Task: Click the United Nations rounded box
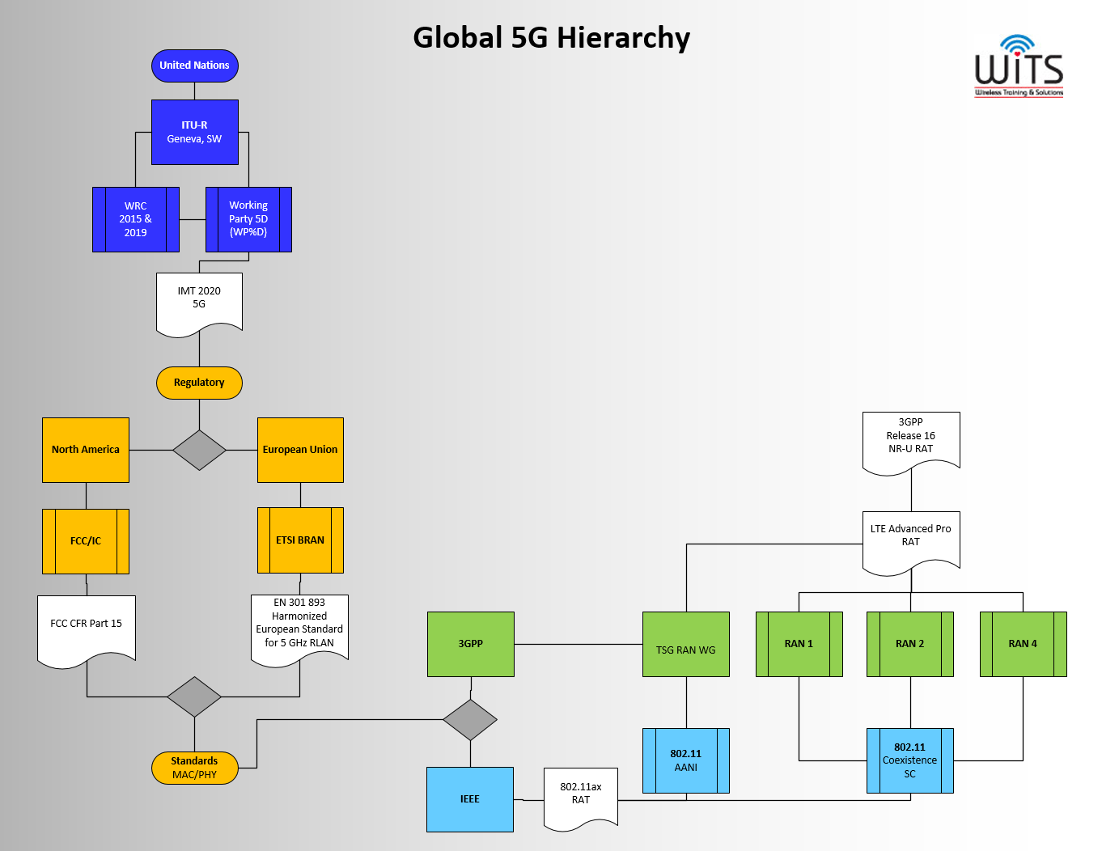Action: click(195, 66)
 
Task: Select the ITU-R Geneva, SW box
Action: click(195, 132)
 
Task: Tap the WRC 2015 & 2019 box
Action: click(135, 219)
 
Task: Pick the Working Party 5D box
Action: click(248, 219)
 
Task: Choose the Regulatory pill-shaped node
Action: click(199, 383)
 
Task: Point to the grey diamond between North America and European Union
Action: click(199, 450)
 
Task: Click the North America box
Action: click(86, 450)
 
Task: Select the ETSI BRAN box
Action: click(300, 540)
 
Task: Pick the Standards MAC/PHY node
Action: click(195, 768)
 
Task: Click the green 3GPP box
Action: click(471, 644)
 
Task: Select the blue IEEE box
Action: click(469, 799)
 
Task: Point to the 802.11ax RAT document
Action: click(581, 798)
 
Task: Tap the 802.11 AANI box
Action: click(685, 760)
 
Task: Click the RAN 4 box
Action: click(1023, 644)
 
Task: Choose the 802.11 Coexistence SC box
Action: click(909, 760)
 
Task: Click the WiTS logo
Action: click(1019, 66)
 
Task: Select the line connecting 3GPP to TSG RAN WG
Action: click(579, 644)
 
